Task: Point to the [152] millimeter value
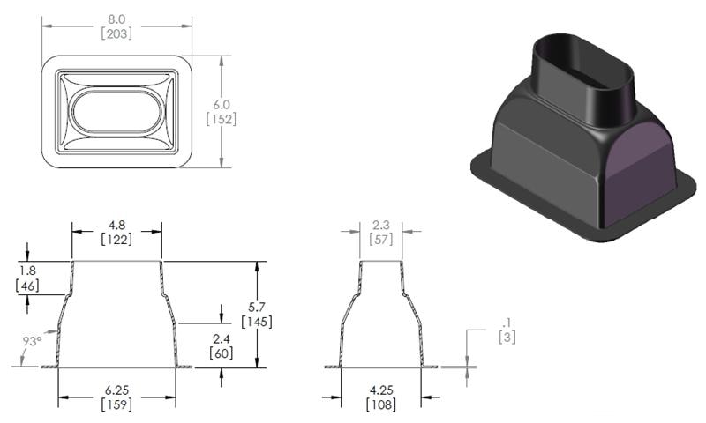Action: coord(220,118)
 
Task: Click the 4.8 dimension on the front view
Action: coord(116,224)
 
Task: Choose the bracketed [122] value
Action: coord(116,239)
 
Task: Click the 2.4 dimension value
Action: coord(222,338)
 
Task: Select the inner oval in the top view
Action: coord(116,110)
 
